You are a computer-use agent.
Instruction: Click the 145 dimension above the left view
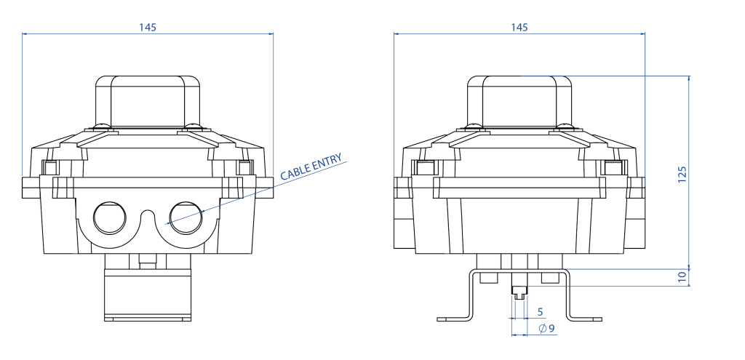(147, 27)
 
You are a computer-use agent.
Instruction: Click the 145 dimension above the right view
(519, 27)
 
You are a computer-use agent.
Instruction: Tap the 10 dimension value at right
(682, 277)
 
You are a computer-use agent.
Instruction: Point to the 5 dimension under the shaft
(539, 311)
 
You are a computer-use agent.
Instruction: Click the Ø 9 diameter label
(546, 329)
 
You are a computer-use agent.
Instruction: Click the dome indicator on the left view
(148, 98)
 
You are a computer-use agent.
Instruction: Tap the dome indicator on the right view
(519, 98)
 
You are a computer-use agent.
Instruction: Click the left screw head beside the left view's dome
(103, 127)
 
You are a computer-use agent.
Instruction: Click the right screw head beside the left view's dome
(192, 127)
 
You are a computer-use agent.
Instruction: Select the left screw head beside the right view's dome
(475, 127)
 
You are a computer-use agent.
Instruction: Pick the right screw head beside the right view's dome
(564, 127)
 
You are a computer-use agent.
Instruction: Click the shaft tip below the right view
(519, 292)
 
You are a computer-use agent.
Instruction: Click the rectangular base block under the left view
(148, 295)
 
